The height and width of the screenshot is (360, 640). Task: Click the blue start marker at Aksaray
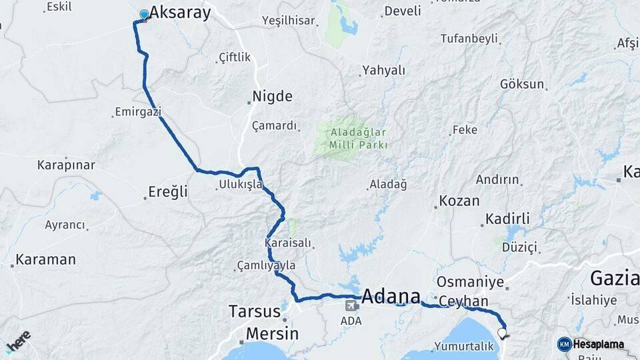coord(144,14)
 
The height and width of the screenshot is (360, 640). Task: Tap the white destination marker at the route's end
coord(501,332)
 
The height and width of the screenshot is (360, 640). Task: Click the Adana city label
coord(391,296)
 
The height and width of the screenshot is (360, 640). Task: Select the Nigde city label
coord(273,96)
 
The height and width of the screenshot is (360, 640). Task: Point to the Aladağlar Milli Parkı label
coord(359,138)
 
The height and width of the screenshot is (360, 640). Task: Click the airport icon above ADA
coord(351,305)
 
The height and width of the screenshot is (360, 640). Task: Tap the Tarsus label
coord(254,311)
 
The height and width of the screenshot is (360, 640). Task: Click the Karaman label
coord(45,259)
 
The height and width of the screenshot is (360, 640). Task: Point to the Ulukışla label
coord(240,184)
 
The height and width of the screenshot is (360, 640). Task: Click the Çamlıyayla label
coord(266,265)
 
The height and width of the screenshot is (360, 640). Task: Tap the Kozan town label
coord(459,201)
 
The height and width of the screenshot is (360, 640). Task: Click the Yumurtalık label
coord(464,346)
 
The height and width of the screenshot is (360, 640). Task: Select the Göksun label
coord(522,84)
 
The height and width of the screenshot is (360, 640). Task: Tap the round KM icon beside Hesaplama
coord(564,344)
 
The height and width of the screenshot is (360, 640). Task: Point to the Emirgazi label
coord(138,112)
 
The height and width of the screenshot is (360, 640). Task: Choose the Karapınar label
coord(66,164)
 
